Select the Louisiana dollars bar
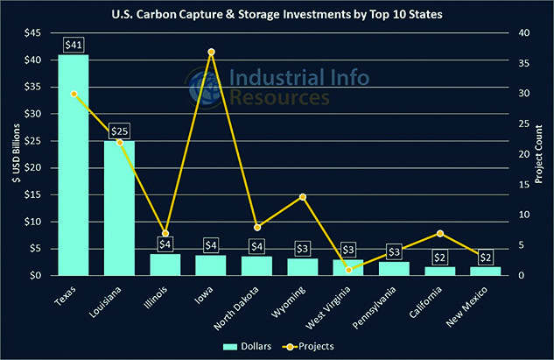[x=119, y=208]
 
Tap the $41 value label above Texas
[x=74, y=45]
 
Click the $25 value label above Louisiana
[x=119, y=131]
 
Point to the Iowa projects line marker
[x=211, y=52]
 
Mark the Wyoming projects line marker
[x=302, y=197]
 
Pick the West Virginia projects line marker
[x=348, y=269]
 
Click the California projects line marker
[x=440, y=233]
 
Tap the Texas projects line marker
[x=74, y=94]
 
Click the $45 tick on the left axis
[x=30, y=33]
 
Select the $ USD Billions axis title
[x=11, y=154]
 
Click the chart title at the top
[x=277, y=14]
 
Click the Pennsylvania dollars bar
[x=394, y=268]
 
